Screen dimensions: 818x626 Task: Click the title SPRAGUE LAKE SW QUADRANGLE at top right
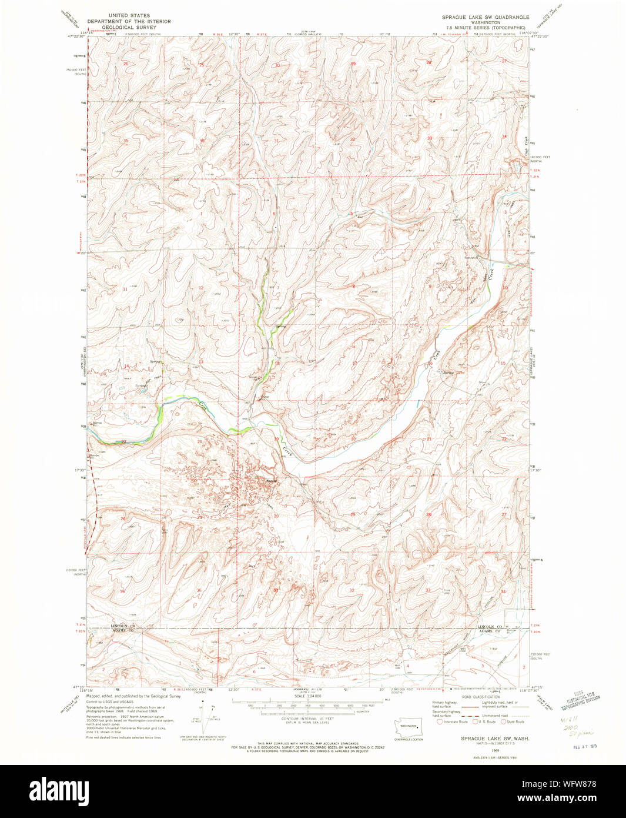pos(486,17)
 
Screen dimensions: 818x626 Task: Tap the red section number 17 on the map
pos(354,364)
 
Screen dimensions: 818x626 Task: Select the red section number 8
pos(353,287)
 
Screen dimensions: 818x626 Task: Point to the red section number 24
pos(200,442)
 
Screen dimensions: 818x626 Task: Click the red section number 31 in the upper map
pos(276,141)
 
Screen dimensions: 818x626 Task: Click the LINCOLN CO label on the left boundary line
pos(123,626)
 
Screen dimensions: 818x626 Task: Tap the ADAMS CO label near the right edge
pos(489,630)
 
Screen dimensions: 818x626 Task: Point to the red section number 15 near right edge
pos(503,364)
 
